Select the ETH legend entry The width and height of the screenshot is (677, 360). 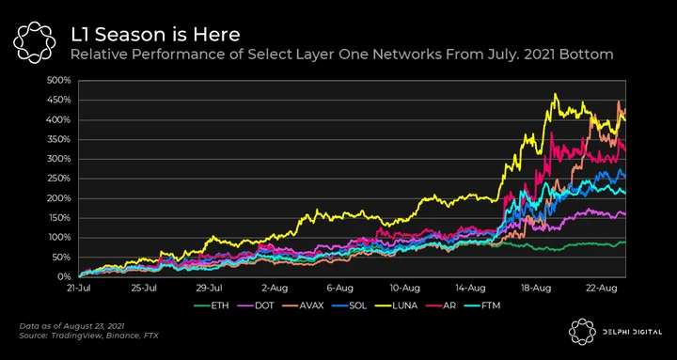tap(212, 306)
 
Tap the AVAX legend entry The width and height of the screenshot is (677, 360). tap(303, 306)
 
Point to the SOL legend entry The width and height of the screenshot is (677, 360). tap(350, 306)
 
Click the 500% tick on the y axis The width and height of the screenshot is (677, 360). tap(60, 80)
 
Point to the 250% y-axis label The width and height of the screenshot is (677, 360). tap(60, 179)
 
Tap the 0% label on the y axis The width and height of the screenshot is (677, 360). tap(64, 276)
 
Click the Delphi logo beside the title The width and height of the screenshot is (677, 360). tap(34, 42)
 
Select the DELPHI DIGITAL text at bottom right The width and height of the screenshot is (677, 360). tap(632, 332)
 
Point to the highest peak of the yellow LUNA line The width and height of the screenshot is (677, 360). tap(556, 94)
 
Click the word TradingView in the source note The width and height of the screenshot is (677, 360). tap(65, 335)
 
